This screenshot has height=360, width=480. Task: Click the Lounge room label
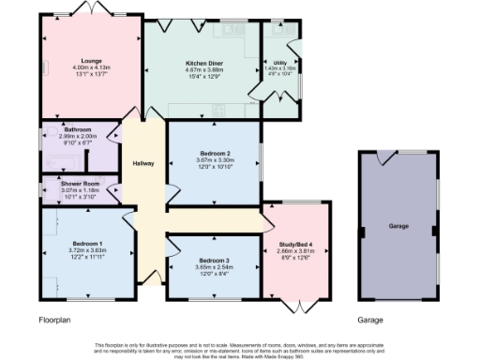(91, 61)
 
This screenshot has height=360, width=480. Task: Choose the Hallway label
(143, 163)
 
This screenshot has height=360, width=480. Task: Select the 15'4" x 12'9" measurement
(202, 77)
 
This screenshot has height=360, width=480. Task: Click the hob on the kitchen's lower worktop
(217, 111)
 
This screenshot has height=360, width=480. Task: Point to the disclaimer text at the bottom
(240, 348)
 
